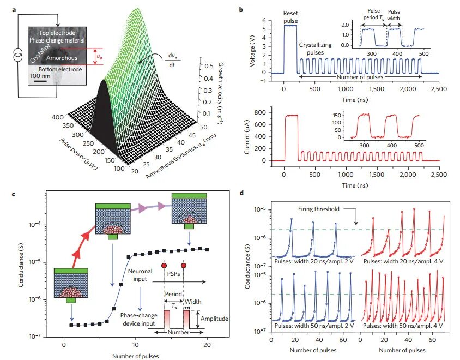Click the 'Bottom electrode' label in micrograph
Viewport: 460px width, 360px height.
coord(56,69)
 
